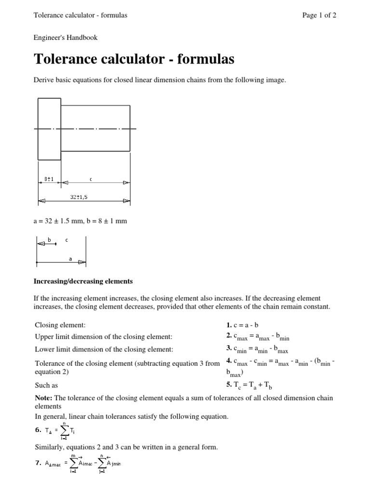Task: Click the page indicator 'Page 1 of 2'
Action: (319, 15)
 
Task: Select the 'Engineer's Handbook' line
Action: (66, 38)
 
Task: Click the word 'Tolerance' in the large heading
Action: (65, 60)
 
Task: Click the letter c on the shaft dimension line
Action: (91, 179)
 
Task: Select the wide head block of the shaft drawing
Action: (49, 129)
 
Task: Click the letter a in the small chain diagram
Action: (70, 259)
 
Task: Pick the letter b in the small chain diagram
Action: (50, 239)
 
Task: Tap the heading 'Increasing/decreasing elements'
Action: (83, 281)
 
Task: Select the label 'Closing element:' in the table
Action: (60, 325)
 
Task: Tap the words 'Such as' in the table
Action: (47, 386)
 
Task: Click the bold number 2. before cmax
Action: (229, 337)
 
